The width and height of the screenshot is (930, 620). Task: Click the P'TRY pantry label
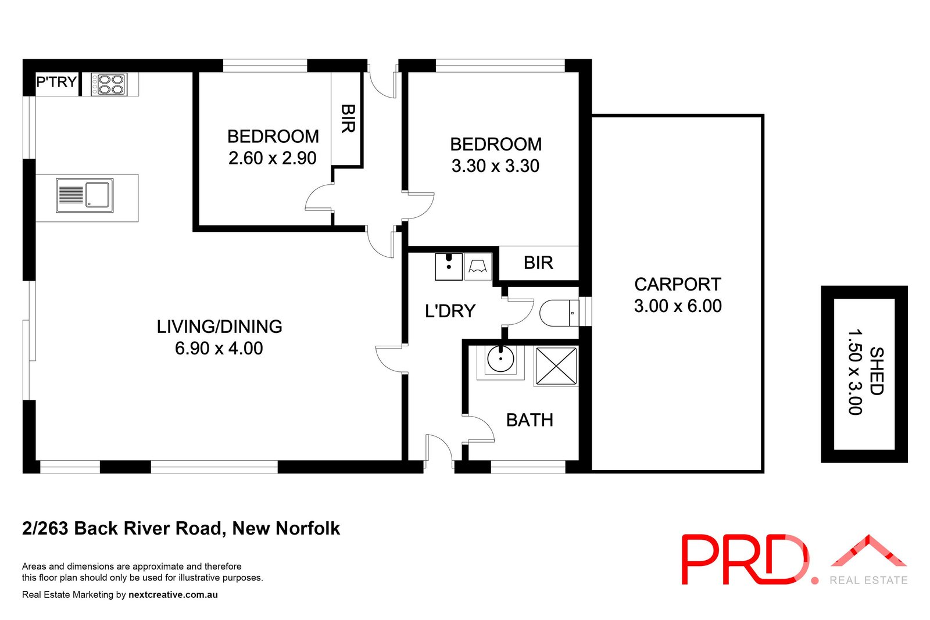(x=56, y=82)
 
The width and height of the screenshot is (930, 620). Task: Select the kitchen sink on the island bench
(x=85, y=195)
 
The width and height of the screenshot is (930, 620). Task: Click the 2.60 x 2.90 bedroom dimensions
(x=272, y=158)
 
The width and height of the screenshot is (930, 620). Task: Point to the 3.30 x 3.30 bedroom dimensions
(x=495, y=166)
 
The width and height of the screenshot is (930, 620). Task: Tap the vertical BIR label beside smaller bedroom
(x=348, y=119)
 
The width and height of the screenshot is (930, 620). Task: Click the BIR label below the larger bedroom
(x=538, y=263)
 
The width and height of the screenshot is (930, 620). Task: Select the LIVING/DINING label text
(x=219, y=327)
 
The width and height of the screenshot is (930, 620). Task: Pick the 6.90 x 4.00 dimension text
(x=219, y=349)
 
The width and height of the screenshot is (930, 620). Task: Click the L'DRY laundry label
(x=450, y=311)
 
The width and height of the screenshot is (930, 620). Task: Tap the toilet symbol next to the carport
(x=559, y=313)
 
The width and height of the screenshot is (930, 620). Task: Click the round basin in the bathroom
(x=500, y=360)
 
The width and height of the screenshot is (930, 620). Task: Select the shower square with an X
(x=556, y=366)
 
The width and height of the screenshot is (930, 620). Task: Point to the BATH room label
(x=529, y=420)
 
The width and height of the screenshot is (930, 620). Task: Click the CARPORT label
(x=677, y=285)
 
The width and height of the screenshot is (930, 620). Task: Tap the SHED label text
(x=876, y=371)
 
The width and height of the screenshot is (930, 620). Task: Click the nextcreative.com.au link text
(x=173, y=595)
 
